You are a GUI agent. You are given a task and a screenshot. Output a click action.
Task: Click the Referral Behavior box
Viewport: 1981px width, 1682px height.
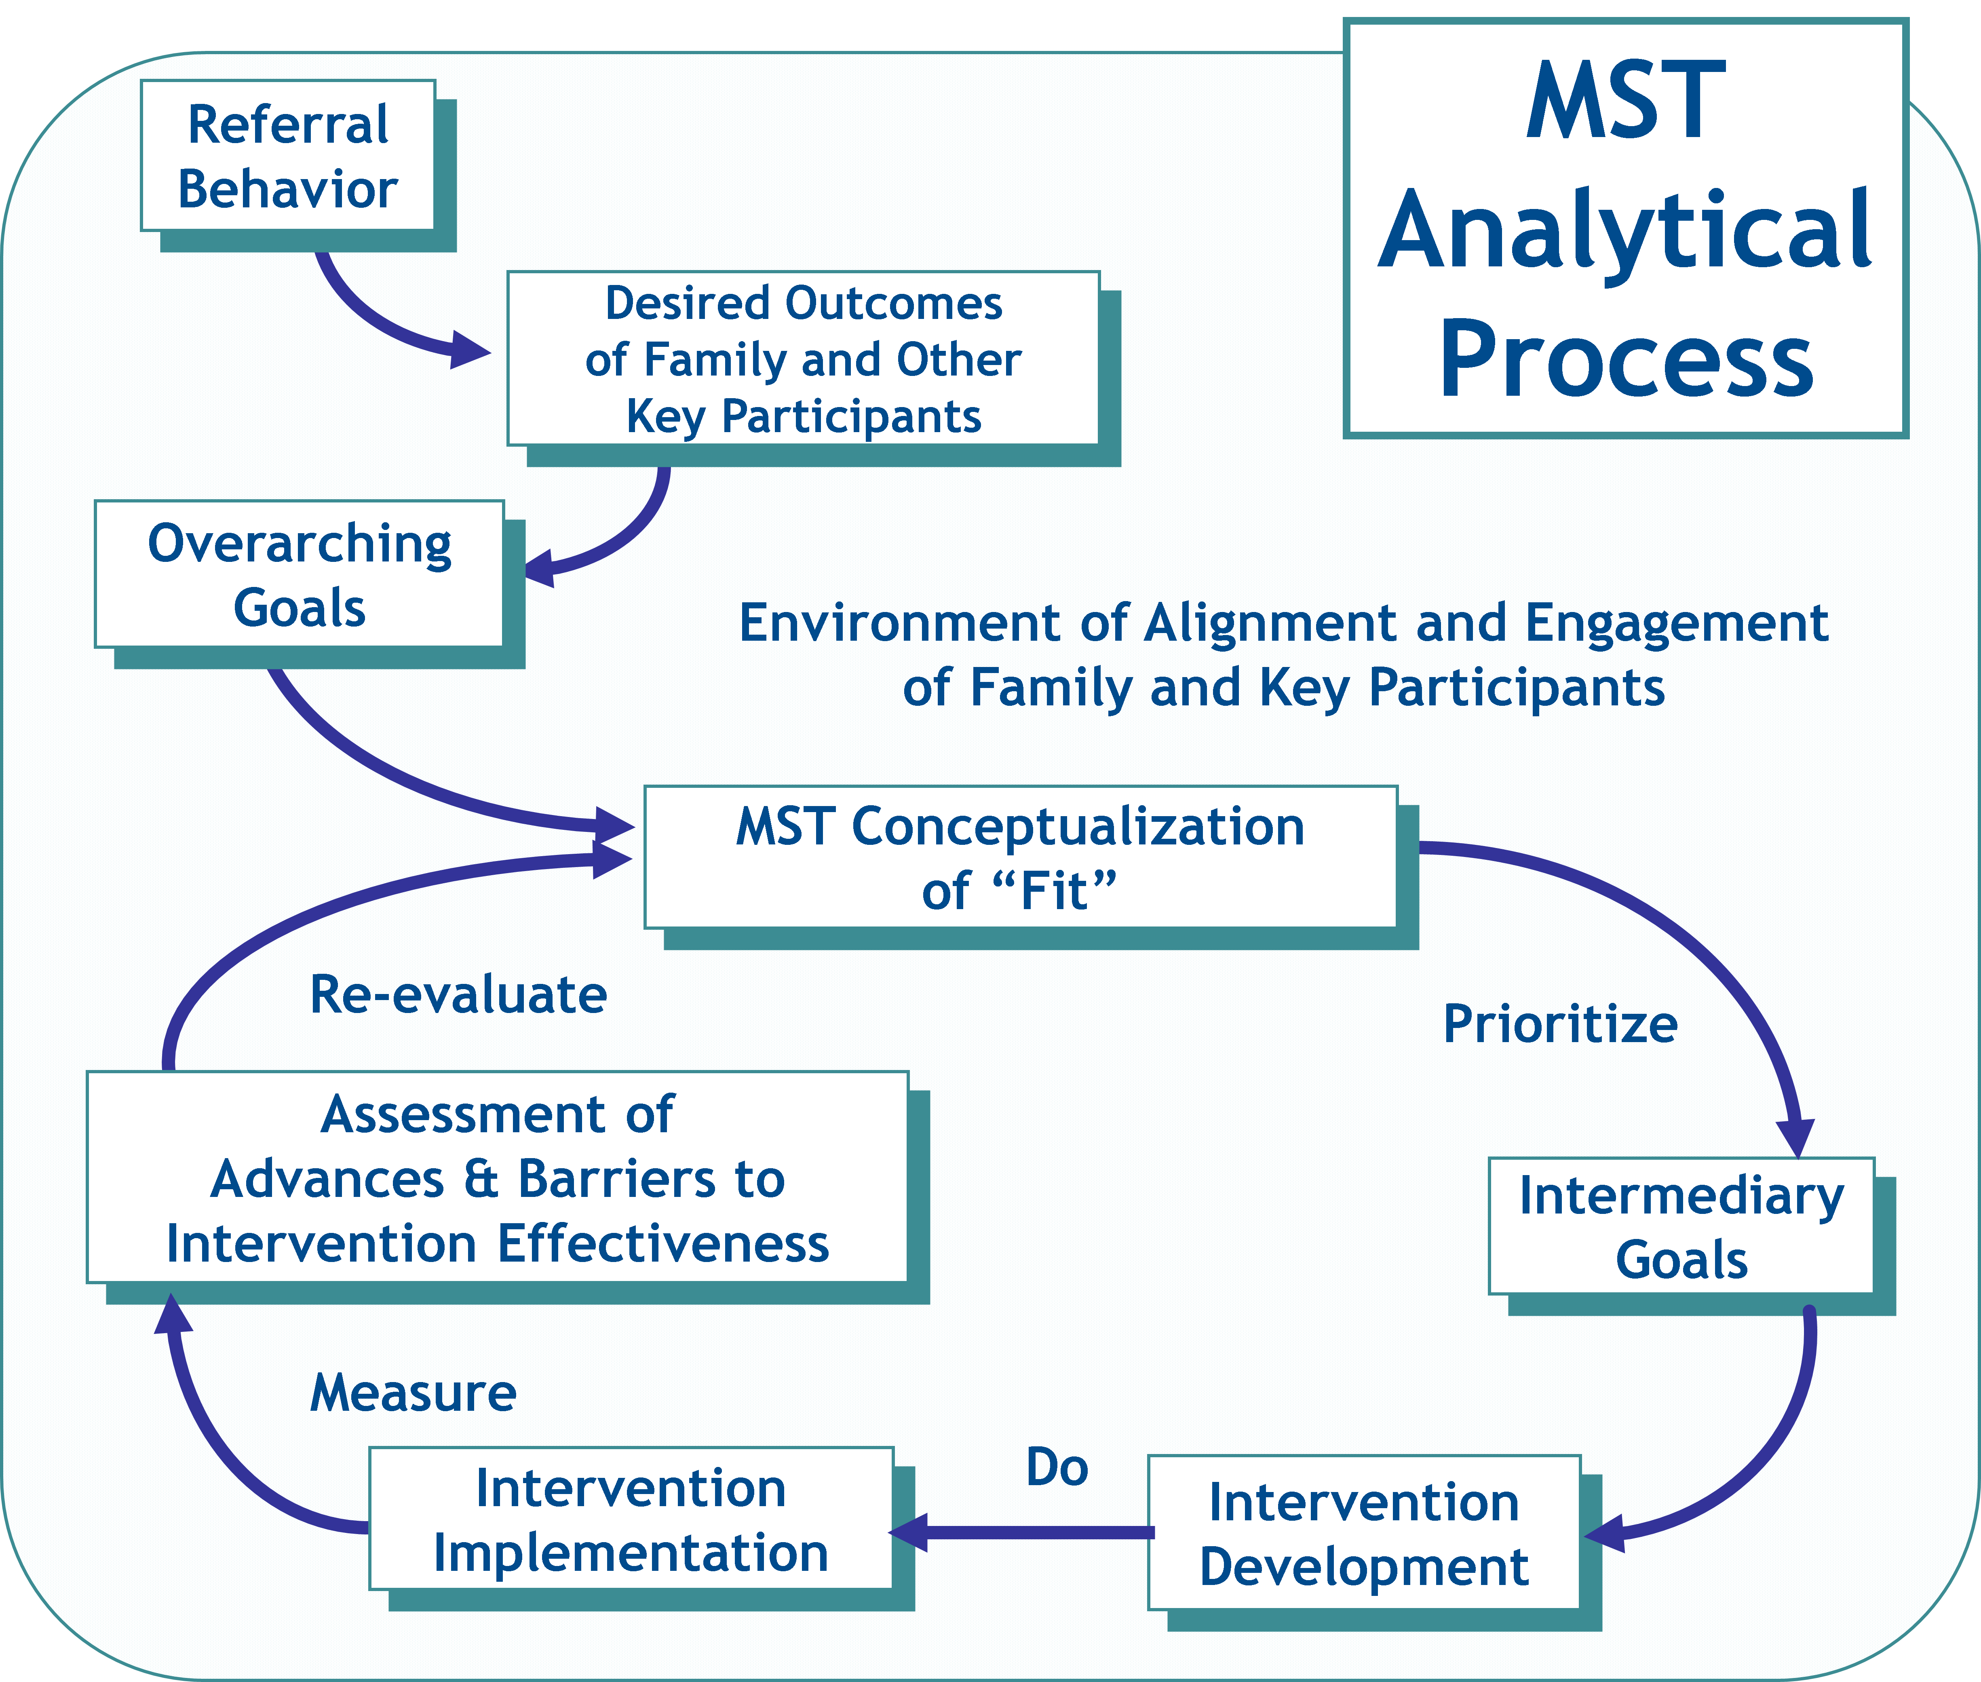(x=288, y=155)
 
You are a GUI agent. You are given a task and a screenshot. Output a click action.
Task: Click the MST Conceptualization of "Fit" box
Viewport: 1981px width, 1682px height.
(x=1020, y=857)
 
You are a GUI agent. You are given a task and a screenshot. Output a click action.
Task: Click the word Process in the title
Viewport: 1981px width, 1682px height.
(x=1627, y=361)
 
